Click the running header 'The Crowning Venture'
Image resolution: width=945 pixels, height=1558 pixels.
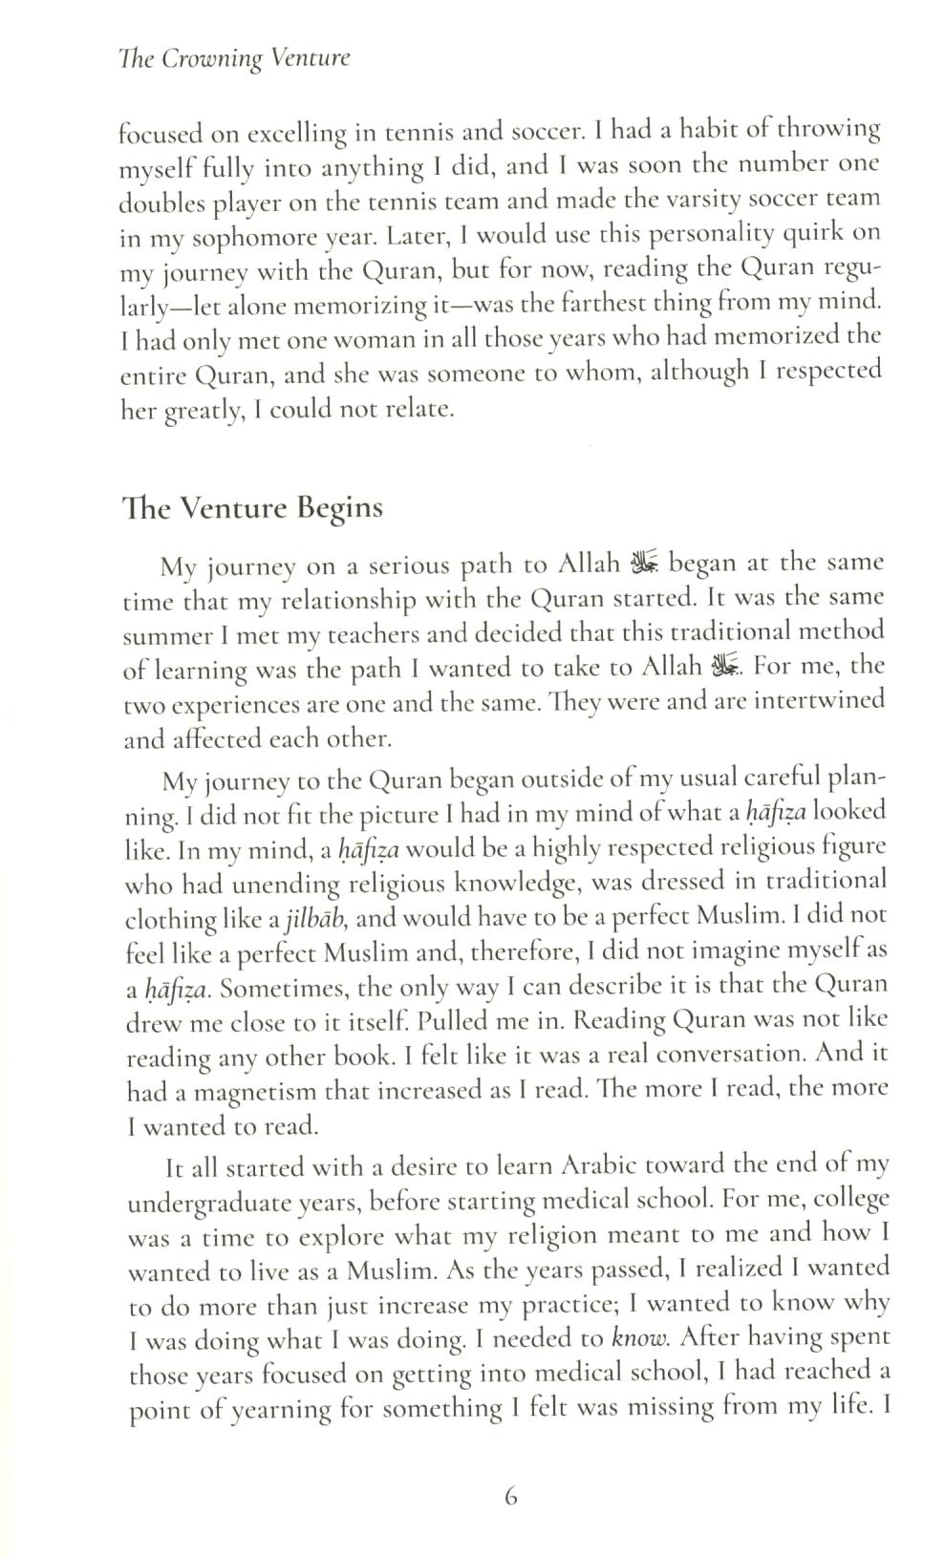pos(235,58)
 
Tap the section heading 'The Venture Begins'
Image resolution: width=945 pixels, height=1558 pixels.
pos(252,507)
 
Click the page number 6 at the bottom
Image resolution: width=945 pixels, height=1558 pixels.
pos(510,1498)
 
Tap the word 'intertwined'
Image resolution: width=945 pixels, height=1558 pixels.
pos(819,700)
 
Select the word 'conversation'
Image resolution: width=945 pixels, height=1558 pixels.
pos(719,1056)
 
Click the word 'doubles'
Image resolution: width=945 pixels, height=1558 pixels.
pos(161,203)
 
